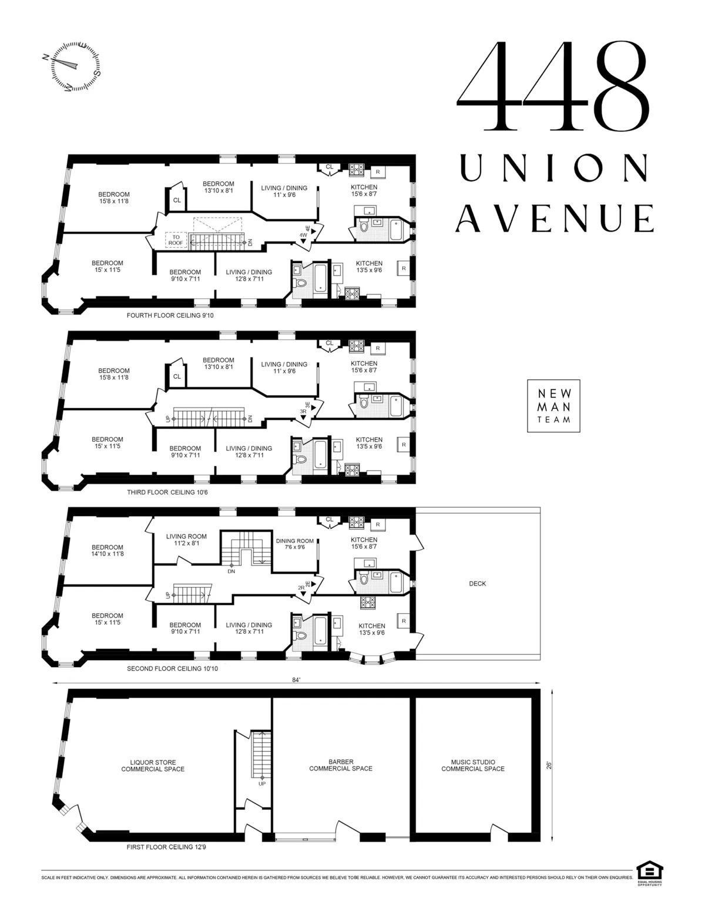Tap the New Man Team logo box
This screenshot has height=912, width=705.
coord(553,405)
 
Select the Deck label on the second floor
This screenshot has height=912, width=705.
coord(477,584)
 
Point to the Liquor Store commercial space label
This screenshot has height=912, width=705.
coord(153,766)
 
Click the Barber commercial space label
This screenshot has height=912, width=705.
coord(341,765)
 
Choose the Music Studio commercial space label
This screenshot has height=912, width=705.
coord(473,765)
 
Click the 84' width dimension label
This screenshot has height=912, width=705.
coord(296,679)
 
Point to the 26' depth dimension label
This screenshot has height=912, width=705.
coord(549,765)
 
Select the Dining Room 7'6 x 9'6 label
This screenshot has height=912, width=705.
coord(295,544)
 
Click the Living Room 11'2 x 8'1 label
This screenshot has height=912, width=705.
coord(186,539)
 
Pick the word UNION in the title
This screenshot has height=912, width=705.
coord(554,168)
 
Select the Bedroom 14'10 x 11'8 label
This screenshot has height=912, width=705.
coord(107,550)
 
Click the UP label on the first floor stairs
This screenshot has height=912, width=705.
coord(261,783)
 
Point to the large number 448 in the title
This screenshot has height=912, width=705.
coord(553,86)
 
